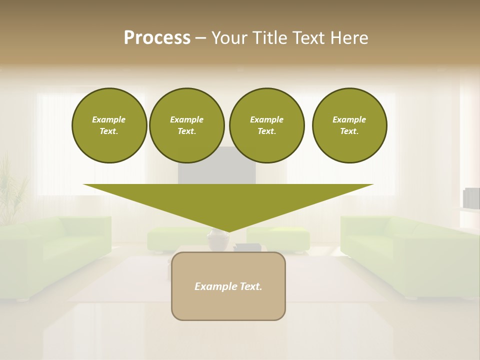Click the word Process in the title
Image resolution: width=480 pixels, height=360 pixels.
(157, 37)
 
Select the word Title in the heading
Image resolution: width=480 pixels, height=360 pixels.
(269, 37)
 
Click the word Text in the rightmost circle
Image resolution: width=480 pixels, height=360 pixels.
(349, 131)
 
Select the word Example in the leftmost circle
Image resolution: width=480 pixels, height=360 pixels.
(109, 119)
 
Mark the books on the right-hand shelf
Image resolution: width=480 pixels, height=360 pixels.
(471, 198)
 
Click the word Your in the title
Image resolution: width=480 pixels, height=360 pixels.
(230, 37)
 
